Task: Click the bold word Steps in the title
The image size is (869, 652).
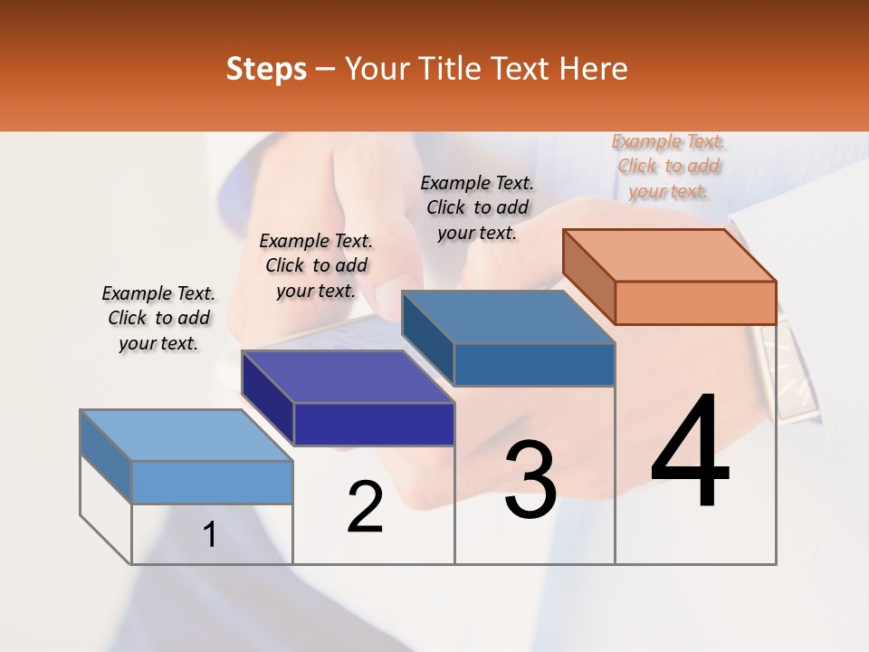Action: point(266,69)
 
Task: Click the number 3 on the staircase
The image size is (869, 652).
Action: point(530,480)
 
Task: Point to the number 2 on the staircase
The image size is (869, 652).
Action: point(365,507)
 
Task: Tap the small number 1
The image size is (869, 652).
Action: point(210,535)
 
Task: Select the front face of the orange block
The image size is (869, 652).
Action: point(695,302)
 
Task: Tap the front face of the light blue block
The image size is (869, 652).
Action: point(212,482)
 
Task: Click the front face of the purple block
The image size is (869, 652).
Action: point(374,424)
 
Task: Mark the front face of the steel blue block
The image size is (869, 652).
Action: point(534,364)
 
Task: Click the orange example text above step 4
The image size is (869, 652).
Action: point(668,167)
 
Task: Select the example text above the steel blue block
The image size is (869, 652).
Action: point(477,208)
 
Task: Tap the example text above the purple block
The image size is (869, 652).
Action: point(316,266)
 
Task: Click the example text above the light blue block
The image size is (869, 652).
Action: point(158,319)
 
